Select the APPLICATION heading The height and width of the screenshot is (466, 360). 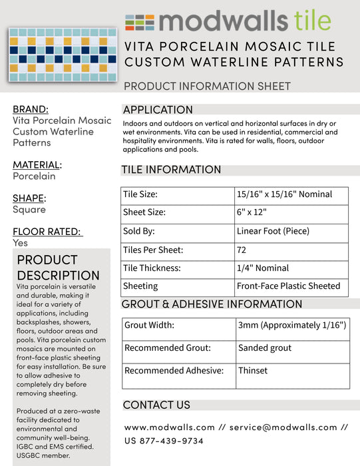[158, 110]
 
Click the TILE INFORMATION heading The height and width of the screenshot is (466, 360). [171, 170]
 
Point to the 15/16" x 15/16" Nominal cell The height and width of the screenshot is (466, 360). [283, 195]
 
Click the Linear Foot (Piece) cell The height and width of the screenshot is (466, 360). [273, 232]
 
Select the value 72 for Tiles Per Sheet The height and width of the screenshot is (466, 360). [242, 250]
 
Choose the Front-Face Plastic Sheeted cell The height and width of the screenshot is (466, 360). [288, 286]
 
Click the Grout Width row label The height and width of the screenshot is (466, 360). [149, 326]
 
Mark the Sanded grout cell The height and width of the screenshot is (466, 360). [265, 348]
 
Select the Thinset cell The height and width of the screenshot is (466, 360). [253, 371]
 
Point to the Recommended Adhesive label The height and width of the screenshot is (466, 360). [174, 371]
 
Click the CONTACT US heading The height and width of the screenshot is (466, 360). [156, 405]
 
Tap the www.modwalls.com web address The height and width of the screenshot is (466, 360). [170, 427]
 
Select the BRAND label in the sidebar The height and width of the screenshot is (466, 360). [31, 109]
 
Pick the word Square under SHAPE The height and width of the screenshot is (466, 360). [29, 210]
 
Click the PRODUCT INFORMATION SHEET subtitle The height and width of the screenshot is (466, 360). [207, 86]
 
